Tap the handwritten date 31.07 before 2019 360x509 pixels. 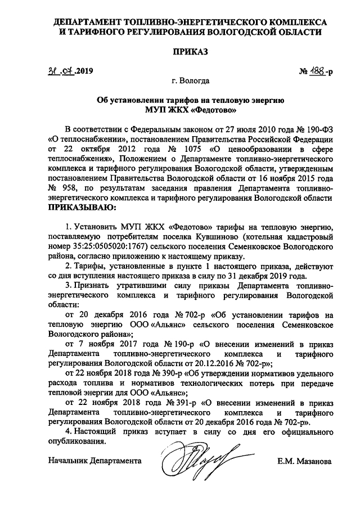61,71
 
